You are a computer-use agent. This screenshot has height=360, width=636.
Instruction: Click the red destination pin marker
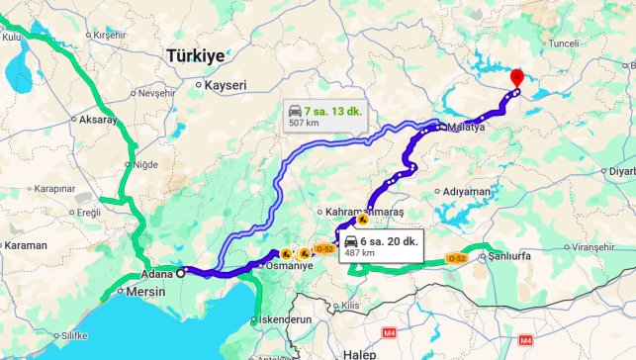pos(515,78)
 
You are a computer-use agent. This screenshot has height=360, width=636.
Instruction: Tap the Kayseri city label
pos(225,86)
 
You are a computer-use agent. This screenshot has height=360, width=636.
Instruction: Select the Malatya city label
pos(466,128)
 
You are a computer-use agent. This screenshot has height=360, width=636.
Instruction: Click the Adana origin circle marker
pos(180,273)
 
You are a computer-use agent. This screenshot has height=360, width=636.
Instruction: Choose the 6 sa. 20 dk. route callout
pos(380,245)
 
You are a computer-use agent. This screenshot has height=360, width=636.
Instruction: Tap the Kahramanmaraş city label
pos(364,213)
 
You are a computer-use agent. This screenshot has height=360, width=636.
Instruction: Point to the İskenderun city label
pos(285,320)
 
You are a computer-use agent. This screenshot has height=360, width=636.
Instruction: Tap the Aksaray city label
pos(97,120)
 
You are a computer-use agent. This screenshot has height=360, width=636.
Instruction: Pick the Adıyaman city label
pos(468,191)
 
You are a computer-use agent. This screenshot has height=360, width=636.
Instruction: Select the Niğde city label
pos(144,164)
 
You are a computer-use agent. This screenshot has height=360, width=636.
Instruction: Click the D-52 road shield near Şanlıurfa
pos(456,258)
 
